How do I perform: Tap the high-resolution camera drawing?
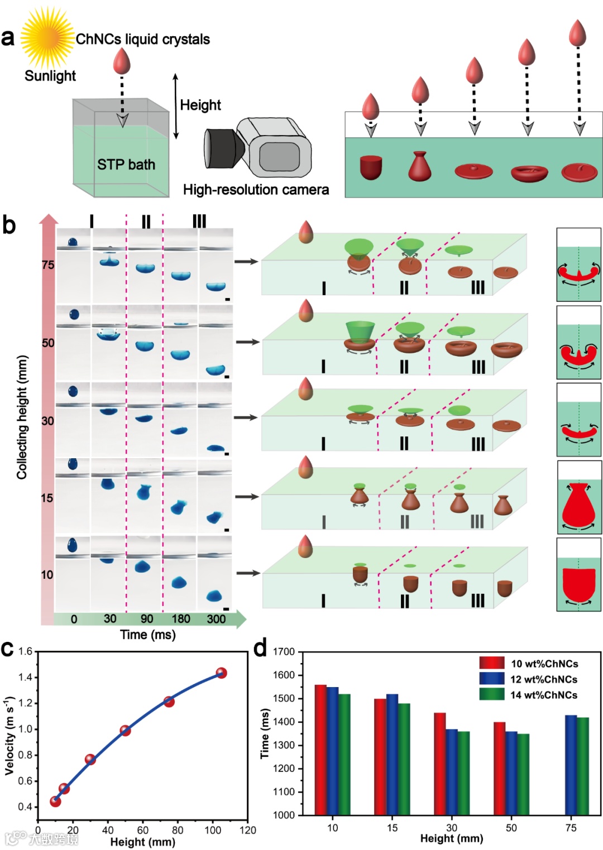point(257,147)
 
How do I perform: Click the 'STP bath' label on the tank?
point(126,165)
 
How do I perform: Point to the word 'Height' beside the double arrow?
point(200,105)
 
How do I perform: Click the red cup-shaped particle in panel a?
point(371,167)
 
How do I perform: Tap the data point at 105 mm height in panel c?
point(221,673)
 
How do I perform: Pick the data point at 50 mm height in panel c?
point(125,730)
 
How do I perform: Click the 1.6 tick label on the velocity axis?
point(25,651)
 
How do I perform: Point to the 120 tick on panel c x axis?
point(247,830)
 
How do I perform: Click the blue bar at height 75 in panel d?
point(571,765)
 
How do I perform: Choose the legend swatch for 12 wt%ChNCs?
point(491,679)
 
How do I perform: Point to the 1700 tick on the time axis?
point(284,652)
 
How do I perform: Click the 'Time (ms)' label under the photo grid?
point(148,635)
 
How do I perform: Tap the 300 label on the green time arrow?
point(216,619)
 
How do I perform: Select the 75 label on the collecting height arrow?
point(49,265)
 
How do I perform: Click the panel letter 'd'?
point(260,649)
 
